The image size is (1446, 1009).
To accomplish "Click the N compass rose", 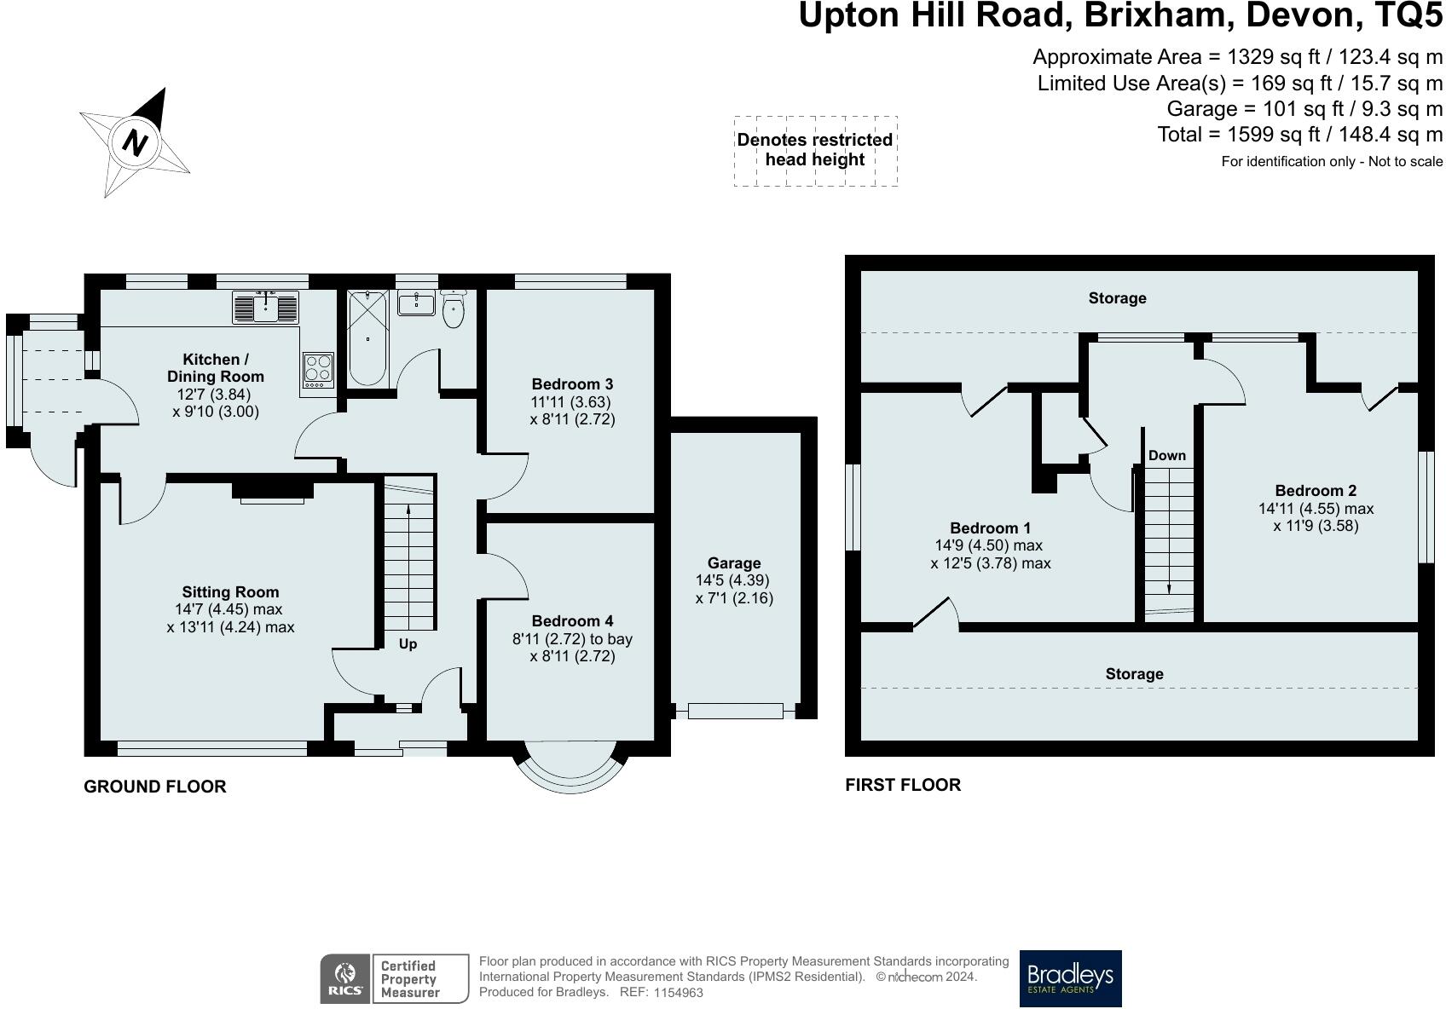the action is pos(134,142).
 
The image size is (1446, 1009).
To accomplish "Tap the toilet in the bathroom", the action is pos(454,309).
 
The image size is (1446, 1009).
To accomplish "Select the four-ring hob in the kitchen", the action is pos(318,371).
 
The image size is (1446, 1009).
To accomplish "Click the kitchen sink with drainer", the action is pos(265,307).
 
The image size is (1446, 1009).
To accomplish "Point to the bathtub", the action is pos(367,338).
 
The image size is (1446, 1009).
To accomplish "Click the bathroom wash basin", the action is pos(416,303).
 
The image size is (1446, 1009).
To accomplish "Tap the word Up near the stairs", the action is pos(408,644).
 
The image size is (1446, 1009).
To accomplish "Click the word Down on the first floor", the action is pos(1166,455).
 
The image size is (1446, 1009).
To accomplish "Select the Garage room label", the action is pos(734,563).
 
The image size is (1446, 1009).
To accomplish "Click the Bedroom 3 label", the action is pos(572,383).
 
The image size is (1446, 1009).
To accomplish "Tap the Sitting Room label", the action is pos(230,591).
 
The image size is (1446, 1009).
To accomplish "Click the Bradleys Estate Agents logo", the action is pos(1070,978).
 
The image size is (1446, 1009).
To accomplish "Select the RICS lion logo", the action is pos(345,979).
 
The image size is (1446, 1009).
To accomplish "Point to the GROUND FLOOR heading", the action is pos(155,787).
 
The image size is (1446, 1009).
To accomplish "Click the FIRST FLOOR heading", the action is pos(903,785).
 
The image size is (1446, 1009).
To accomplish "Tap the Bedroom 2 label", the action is pos(1316,490).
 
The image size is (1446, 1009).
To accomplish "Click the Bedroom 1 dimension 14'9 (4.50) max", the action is pos(988,545).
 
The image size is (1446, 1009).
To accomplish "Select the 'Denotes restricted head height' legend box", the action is pos(815,151).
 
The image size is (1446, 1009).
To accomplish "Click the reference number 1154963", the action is pos(679,993).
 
